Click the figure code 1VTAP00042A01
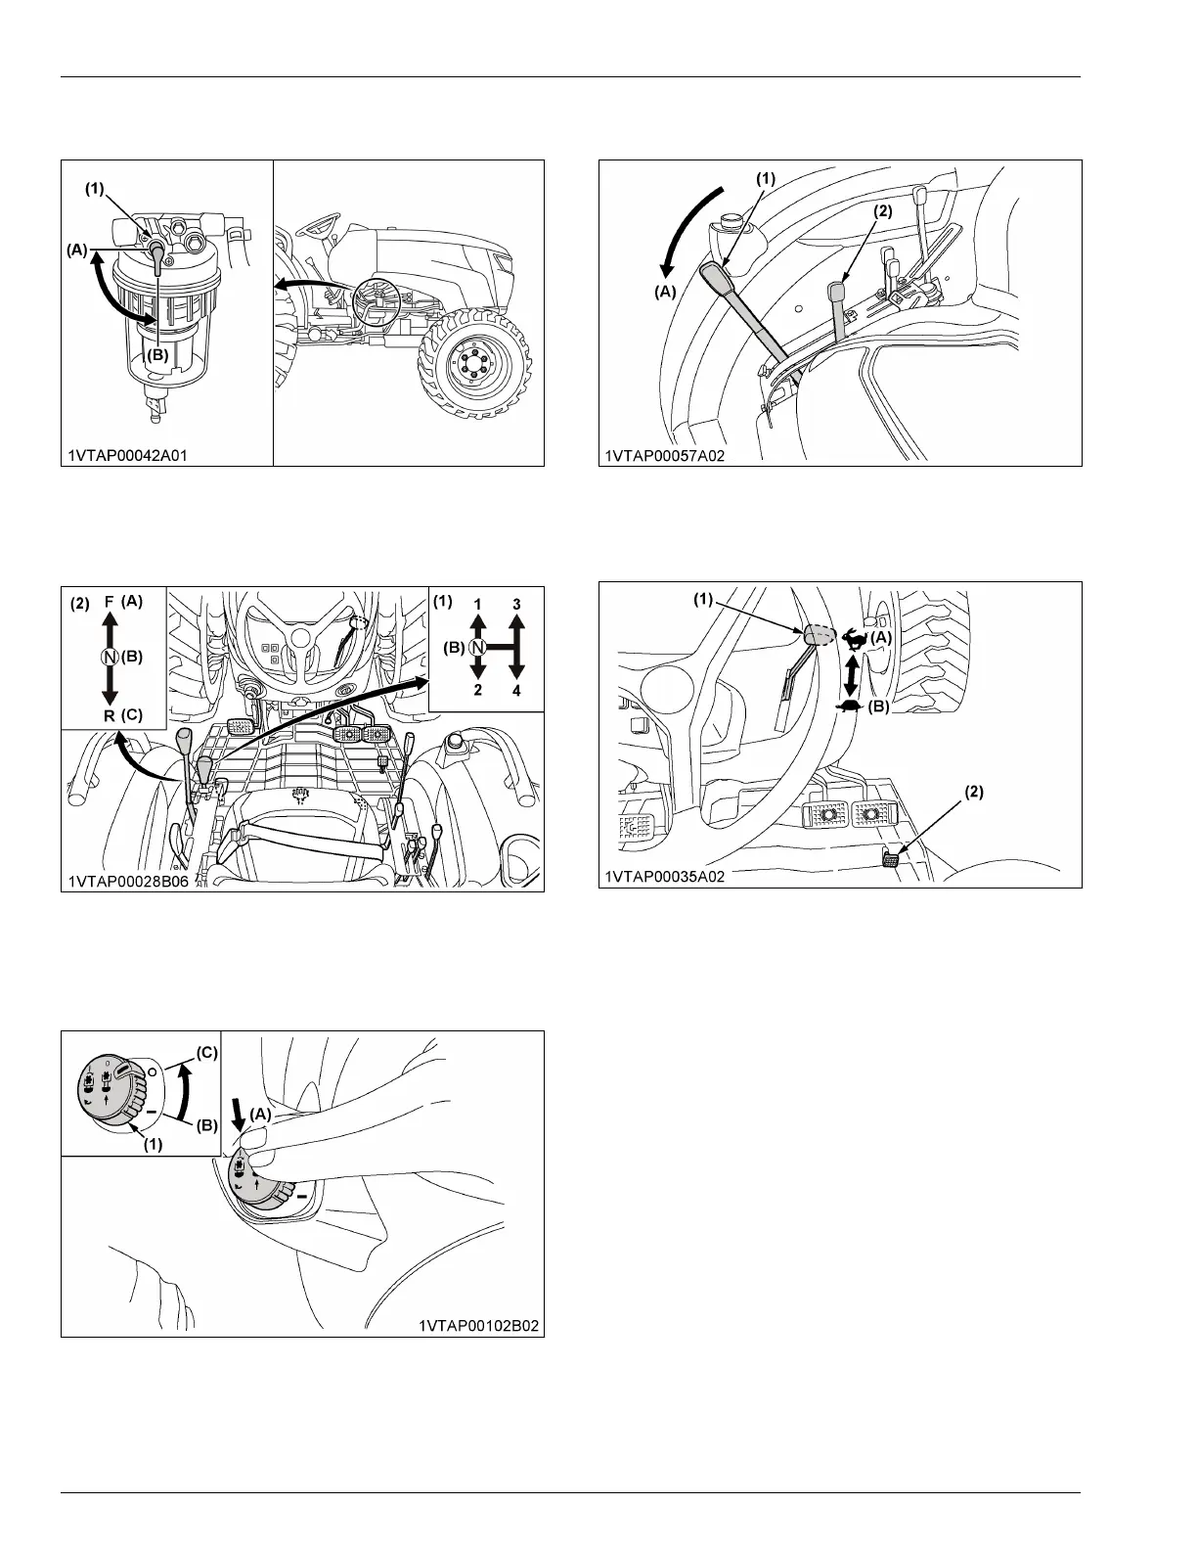[127, 456]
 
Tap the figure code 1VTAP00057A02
[664, 456]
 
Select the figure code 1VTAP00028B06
[128, 882]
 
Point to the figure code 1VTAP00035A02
[664, 877]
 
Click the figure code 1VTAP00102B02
[478, 1326]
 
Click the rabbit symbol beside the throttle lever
[854, 638]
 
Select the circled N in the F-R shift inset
[110, 657]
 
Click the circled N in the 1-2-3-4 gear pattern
[477, 648]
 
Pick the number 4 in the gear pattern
[516, 691]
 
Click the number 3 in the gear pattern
[516, 605]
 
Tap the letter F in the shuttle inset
[110, 602]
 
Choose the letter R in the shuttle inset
[110, 715]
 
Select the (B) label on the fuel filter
[157, 355]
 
